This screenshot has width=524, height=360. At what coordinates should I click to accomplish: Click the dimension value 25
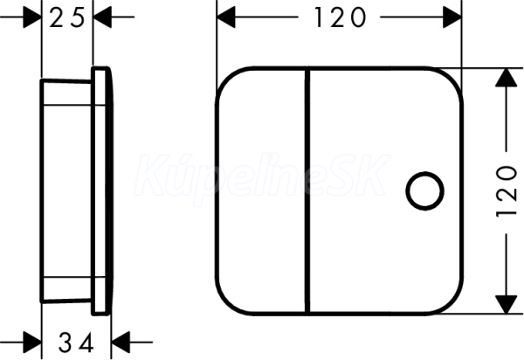(67, 18)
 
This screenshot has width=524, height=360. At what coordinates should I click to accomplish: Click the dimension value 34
(76, 343)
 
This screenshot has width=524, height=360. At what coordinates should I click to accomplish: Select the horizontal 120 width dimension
(340, 17)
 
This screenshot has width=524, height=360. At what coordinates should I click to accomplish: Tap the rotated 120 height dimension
(507, 190)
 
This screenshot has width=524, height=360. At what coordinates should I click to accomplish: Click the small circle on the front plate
(424, 190)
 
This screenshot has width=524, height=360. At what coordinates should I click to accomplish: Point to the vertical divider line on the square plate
(307, 190)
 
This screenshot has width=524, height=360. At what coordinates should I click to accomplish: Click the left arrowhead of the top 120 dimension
(226, 17)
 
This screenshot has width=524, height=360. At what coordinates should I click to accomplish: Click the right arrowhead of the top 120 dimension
(452, 17)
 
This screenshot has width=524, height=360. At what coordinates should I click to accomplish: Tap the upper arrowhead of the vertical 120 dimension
(506, 78)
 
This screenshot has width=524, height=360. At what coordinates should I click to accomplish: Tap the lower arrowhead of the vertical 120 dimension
(506, 304)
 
